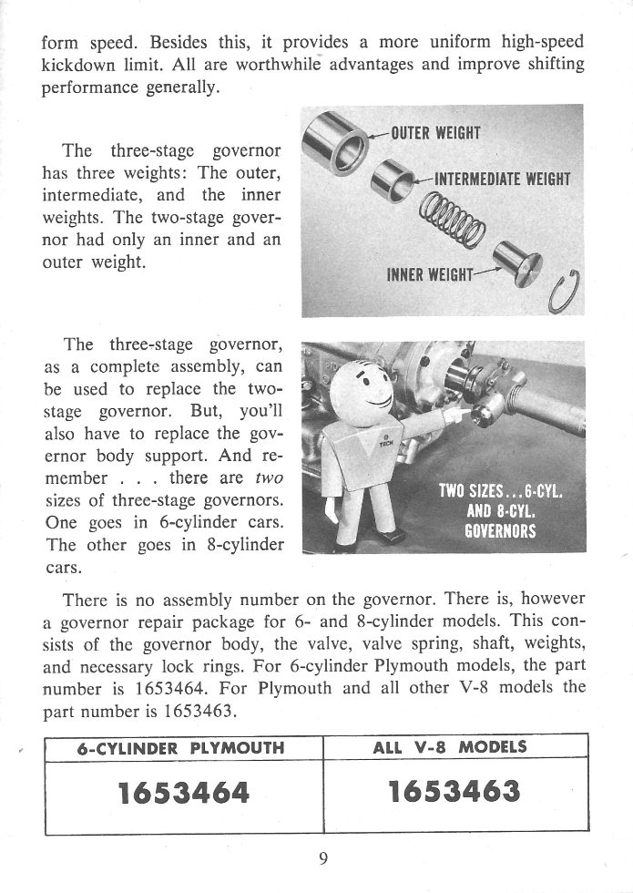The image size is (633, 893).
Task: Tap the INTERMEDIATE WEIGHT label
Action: pos(502,179)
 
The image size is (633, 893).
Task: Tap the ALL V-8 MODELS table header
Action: pos(450,747)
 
